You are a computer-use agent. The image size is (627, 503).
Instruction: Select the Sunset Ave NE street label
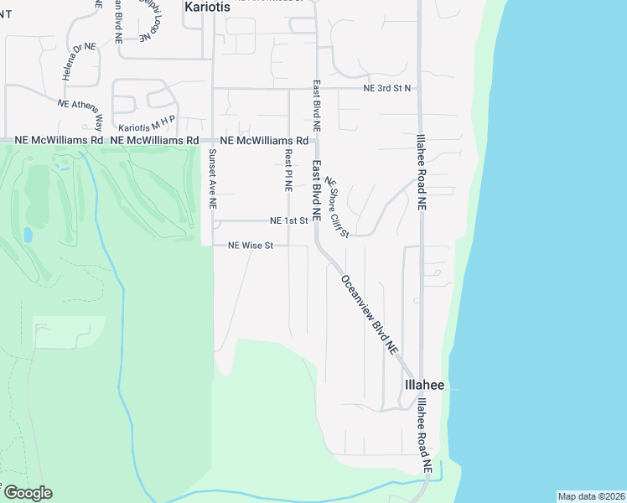tap(213, 179)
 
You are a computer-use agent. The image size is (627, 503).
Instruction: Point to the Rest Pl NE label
tap(288, 170)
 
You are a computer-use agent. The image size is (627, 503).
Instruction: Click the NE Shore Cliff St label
tap(337, 207)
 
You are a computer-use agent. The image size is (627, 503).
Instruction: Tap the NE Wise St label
tap(251, 246)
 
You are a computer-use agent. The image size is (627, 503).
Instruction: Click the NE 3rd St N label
tap(387, 88)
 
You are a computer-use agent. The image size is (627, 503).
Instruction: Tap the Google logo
tap(27, 493)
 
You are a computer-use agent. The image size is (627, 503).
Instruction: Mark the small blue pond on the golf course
tap(28, 235)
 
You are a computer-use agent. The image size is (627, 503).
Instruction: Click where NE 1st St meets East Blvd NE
tap(316, 221)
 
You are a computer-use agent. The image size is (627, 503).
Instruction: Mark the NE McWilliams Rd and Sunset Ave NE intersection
tap(213, 141)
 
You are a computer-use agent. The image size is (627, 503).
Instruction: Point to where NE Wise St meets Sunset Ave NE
tap(213, 246)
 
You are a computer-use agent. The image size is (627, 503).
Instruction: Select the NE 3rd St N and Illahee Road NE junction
tap(420, 88)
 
